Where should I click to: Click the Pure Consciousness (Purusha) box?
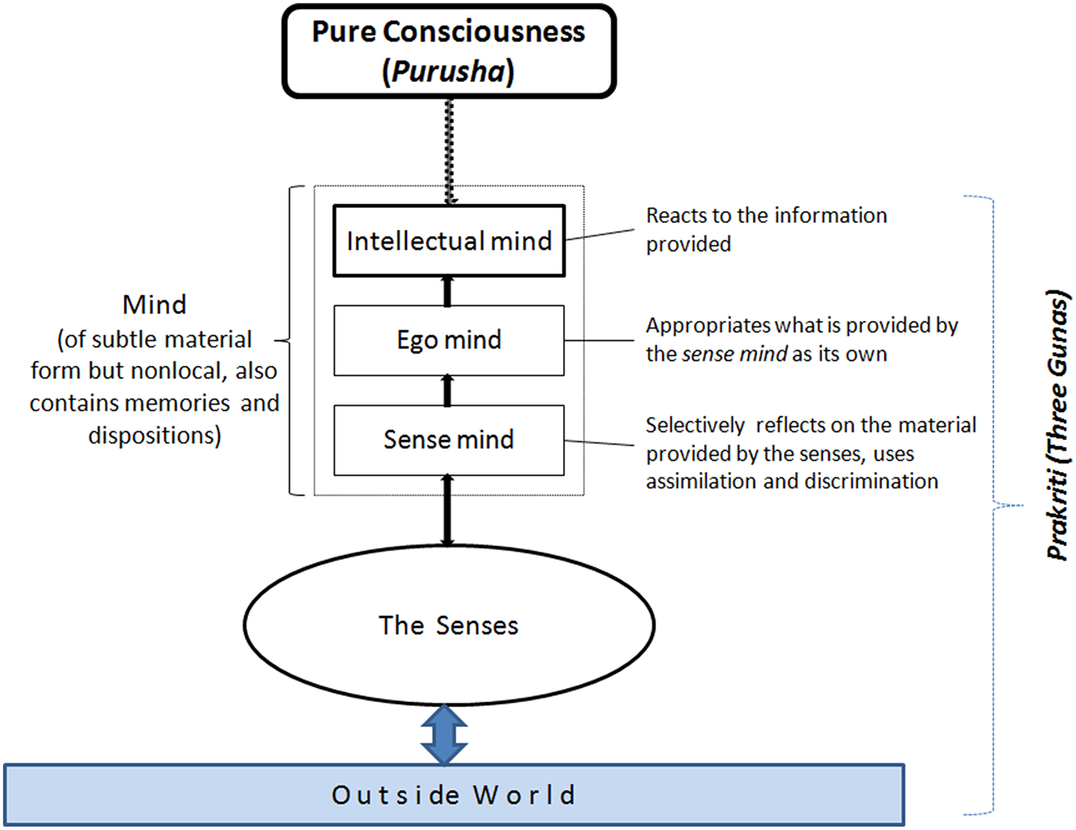pos(448,52)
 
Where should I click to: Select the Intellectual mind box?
pos(448,241)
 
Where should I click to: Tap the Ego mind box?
pos(448,340)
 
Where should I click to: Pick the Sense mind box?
pos(448,440)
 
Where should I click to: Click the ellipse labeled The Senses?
pos(448,624)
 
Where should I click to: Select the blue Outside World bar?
pos(454,794)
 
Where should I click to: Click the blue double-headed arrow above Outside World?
pos(445,734)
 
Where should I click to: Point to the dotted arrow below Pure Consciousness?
pos(449,152)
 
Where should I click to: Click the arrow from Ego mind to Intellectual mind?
pos(448,291)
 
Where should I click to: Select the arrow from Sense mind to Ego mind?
pos(448,391)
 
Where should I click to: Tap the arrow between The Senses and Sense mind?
pos(448,510)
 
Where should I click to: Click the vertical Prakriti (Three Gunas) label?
pos(1057,425)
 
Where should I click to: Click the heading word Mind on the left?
pos(154,305)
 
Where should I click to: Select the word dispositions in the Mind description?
pos(153,435)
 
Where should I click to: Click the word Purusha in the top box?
pos(448,72)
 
